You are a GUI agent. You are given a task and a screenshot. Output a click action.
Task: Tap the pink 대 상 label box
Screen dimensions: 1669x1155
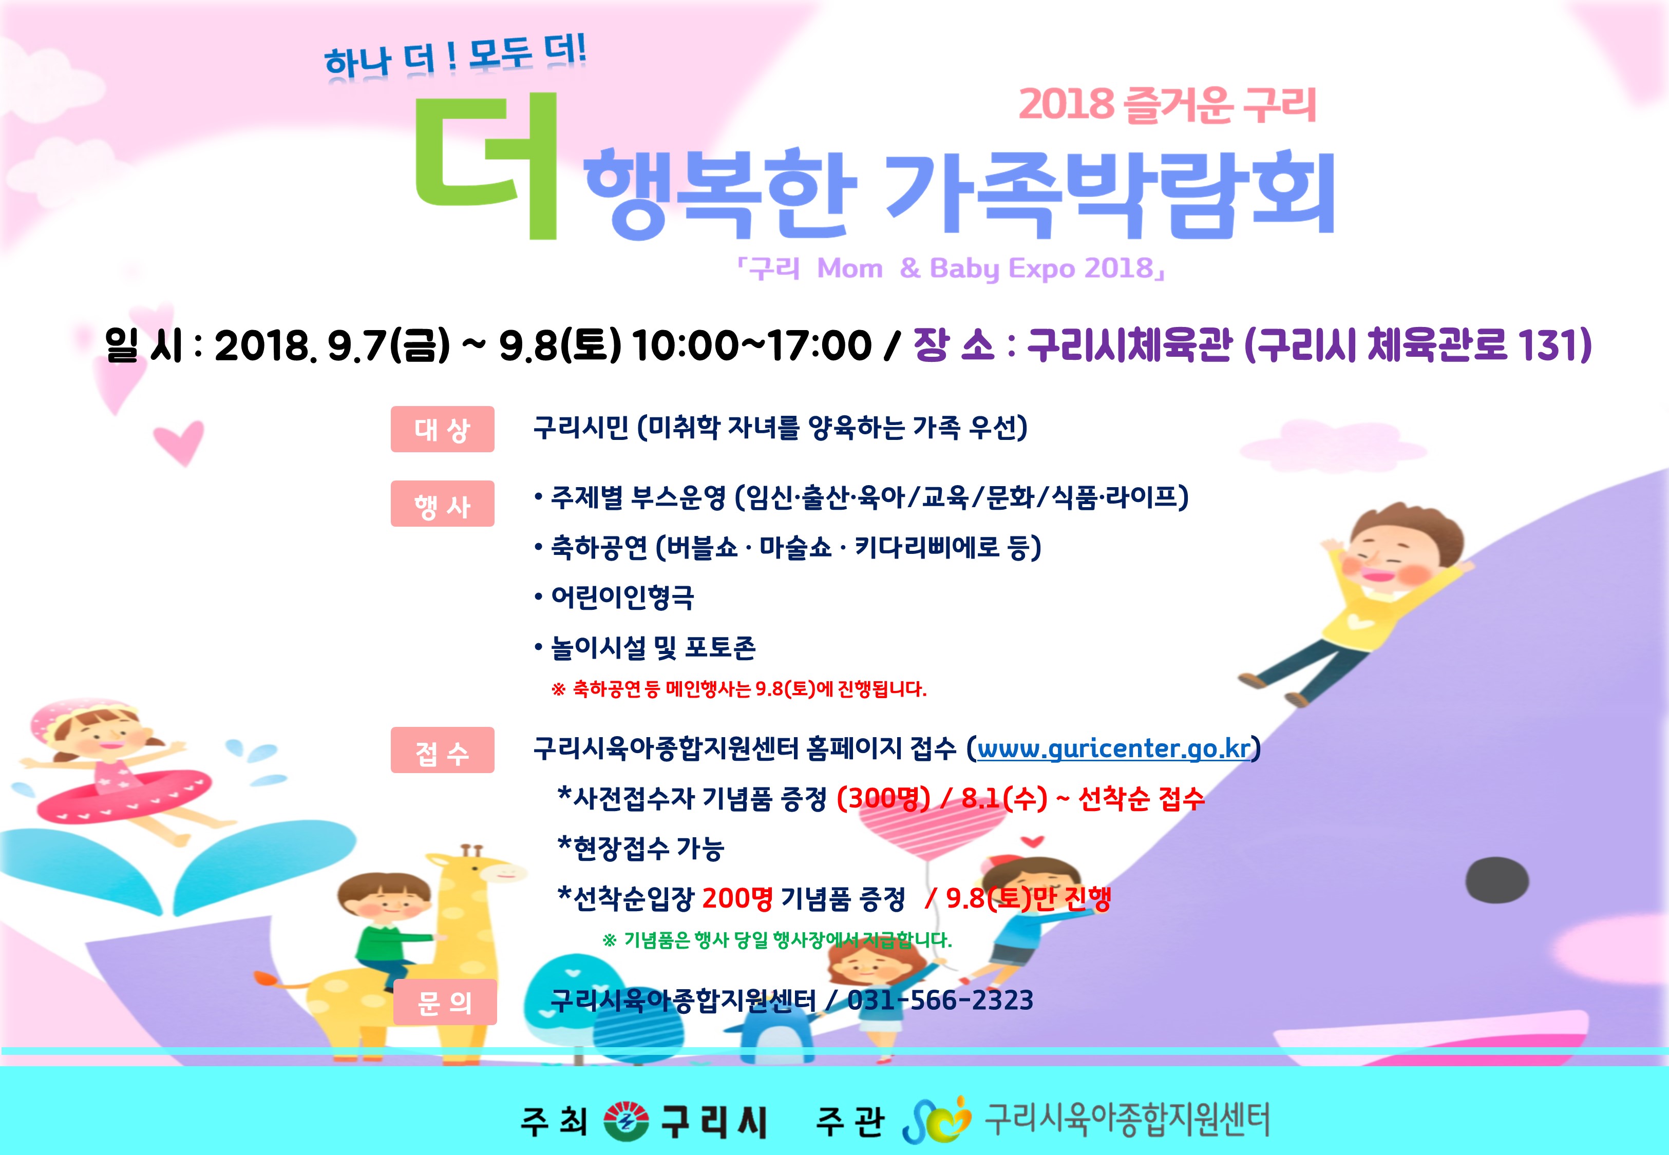[x=442, y=429]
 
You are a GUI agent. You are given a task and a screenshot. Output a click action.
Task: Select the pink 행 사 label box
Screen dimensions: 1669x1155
[x=442, y=504]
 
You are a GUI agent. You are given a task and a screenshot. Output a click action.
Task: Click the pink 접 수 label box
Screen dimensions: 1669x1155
[x=442, y=750]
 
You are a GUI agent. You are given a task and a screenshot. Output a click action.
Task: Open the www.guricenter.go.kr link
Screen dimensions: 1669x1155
[x=1114, y=748]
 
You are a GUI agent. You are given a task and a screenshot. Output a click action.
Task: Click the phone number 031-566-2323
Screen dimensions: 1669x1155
[x=940, y=1000]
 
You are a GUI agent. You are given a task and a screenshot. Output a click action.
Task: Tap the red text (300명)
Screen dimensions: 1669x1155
[x=883, y=798]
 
